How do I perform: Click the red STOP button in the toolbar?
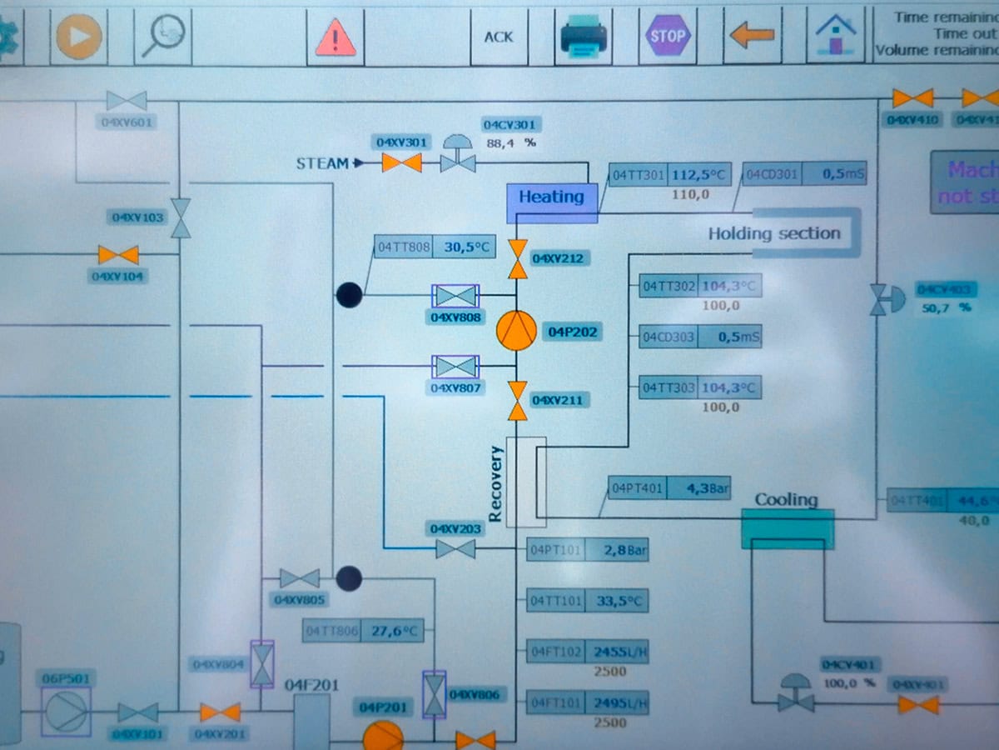tap(667, 36)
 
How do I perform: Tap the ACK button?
tap(499, 37)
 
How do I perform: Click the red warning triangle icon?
tap(335, 37)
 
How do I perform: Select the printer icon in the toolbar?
tap(584, 37)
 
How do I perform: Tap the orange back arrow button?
tap(752, 36)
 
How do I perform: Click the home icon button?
tap(835, 36)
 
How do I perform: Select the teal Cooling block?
tap(787, 528)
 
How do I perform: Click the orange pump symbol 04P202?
tap(517, 331)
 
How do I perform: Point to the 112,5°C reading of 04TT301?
tap(698, 176)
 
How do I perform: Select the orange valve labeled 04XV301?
tap(402, 162)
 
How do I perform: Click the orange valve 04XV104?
tap(118, 254)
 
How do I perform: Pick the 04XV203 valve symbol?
tap(455, 548)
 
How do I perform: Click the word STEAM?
tap(322, 163)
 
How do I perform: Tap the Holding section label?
tap(774, 233)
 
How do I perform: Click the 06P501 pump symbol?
tap(66, 712)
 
